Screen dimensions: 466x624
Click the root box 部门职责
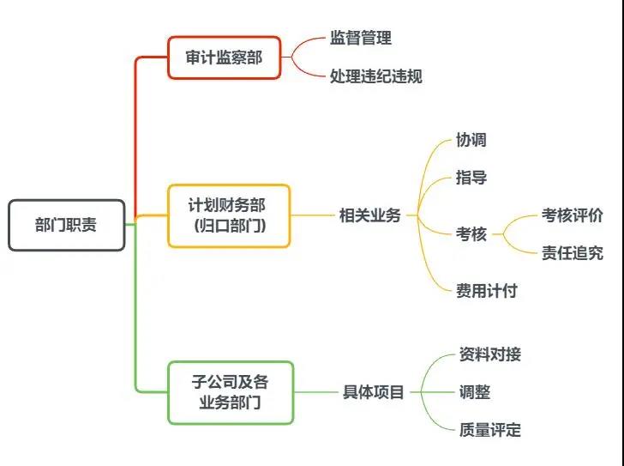[x=66, y=225]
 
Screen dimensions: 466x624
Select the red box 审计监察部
[x=224, y=57]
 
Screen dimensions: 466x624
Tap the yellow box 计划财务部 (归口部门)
[x=229, y=215]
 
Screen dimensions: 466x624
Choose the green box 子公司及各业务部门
[x=230, y=392]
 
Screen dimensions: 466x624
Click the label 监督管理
[x=360, y=38]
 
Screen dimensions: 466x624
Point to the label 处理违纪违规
[x=375, y=76]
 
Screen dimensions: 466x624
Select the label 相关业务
[x=369, y=215]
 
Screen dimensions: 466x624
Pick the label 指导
[x=471, y=179]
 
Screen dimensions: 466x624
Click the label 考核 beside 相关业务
[x=471, y=233]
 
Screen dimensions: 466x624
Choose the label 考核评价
[x=572, y=215]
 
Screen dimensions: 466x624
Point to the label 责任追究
[x=572, y=252]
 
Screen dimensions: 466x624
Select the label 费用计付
[x=486, y=290]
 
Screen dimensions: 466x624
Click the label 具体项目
[x=373, y=392]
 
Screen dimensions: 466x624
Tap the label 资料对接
[x=489, y=354]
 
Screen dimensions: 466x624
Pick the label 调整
[x=474, y=392]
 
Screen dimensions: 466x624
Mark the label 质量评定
[x=489, y=430]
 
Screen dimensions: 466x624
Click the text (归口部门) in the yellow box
[x=229, y=227]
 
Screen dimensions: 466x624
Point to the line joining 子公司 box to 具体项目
[x=316, y=392]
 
